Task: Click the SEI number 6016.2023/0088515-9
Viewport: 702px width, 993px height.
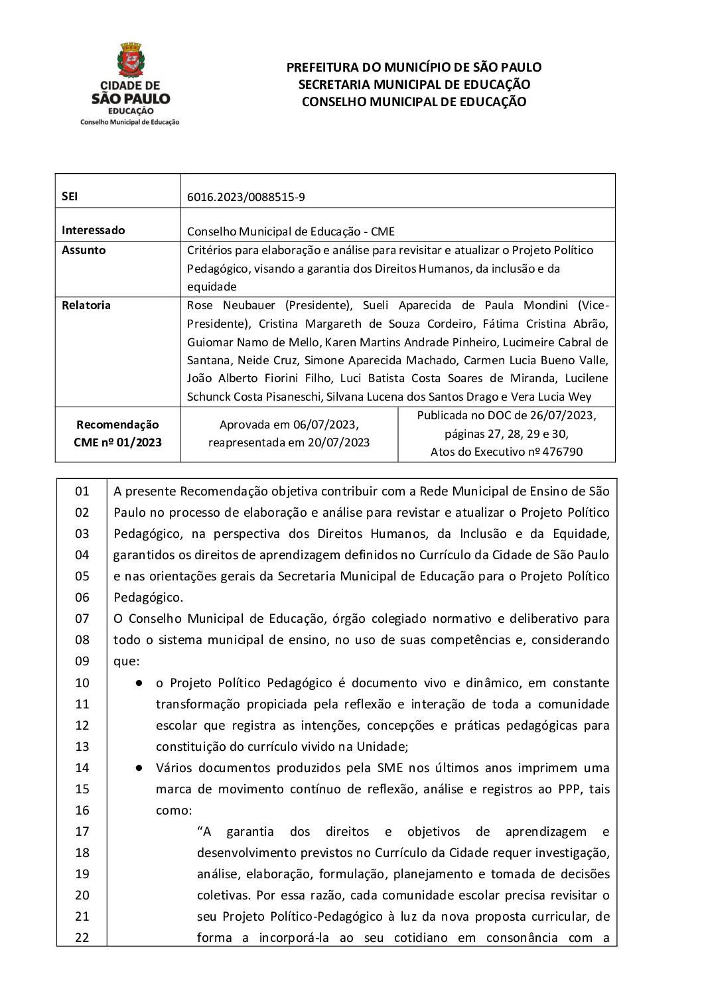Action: click(x=246, y=197)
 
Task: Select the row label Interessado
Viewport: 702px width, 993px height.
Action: click(x=93, y=230)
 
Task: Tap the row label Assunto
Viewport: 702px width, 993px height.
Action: click(x=84, y=250)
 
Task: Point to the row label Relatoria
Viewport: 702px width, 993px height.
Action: click(x=86, y=305)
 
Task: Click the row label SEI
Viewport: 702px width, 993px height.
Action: click(x=70, y=196)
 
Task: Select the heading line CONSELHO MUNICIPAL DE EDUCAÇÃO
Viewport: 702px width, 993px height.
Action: click(x=413, y=101)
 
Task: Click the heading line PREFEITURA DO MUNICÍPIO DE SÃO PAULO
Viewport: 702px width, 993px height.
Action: click(x=413, y=67)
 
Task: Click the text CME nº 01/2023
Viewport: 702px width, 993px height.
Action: click(x=117, y=442)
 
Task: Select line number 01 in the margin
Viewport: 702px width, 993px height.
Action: click(x=82, y=492)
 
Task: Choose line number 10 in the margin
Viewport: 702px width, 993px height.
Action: click(x=82, y=683)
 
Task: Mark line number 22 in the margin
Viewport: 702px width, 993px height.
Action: click(x=82, y=937)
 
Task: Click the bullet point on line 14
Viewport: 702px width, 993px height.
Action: click(x=140, y=767)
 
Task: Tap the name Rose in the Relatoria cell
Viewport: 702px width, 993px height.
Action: click(x=200, y=305)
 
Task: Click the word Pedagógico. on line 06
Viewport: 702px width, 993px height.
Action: click(x=148, y=597)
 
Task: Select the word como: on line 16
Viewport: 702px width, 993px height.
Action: click(x=174, y=810)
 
